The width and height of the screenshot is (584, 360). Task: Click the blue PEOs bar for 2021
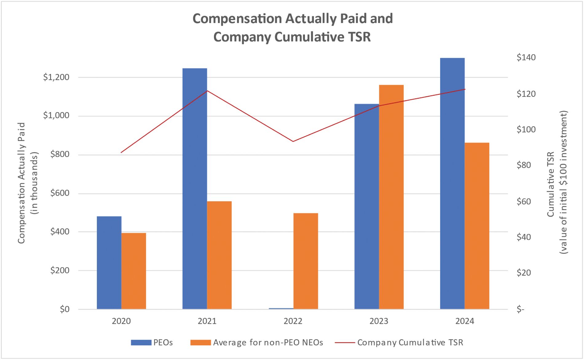[195, 189]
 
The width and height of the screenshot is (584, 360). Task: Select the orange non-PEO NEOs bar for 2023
[391, 197]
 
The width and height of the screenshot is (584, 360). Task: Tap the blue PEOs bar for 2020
[109, 263]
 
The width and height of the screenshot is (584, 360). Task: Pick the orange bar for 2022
[306, 261]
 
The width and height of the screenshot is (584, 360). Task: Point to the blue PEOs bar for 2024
[452, 183]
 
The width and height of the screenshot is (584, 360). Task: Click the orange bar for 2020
[134, 271]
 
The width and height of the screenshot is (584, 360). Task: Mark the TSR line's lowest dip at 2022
[293, 142]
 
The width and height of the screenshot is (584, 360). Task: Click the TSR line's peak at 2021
[207, 91]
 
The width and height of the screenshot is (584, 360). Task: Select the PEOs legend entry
[152, 342]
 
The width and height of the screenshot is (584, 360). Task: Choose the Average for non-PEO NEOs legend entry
[257, 342]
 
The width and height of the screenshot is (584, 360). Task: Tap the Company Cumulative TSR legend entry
[399, 342]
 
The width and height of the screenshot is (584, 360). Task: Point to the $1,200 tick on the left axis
[56, 77]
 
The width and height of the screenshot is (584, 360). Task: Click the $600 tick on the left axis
[60, 193]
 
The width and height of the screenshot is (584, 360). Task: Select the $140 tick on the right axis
[526, 57]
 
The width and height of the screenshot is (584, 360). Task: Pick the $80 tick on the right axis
[524, 165]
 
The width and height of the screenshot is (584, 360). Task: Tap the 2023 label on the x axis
[379, 321]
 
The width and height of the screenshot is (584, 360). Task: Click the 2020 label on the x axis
[121, 321]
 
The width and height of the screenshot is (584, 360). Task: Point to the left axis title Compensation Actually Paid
[22, 183]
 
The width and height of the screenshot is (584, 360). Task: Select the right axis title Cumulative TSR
[550, 184]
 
